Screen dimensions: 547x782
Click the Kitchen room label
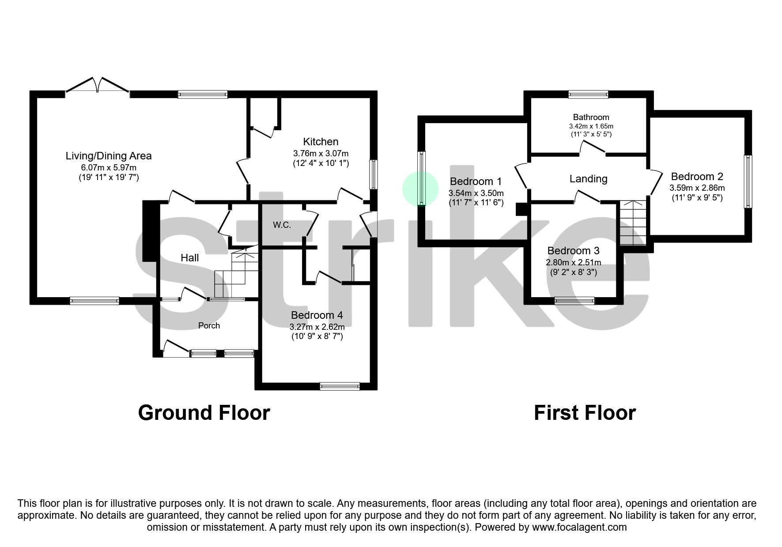(321, 142)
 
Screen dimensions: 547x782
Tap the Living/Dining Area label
(109, 156)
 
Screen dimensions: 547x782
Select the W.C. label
(282, 225)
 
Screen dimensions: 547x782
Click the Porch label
(209, 326)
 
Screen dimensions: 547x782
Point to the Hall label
(189, 258)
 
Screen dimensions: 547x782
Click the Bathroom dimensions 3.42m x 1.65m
(591, 126)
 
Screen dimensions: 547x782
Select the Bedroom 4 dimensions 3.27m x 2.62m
(317, 327)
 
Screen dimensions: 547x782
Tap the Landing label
(588, 179)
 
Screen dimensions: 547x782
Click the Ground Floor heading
(204, 413)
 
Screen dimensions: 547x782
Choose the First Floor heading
(585, 413)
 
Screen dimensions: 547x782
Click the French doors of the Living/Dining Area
(98, 86)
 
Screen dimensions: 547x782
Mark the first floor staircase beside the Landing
(633, 223)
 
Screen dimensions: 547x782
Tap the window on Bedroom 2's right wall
(748, 181)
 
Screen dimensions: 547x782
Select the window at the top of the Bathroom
(588, 94)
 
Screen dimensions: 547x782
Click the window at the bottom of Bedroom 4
(340, 386)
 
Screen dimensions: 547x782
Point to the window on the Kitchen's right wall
(374, 174)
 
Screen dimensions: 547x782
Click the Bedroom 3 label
(573, 251)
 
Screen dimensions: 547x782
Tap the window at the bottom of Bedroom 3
(574, 301)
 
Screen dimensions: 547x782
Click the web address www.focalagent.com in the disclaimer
(579, 527)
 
